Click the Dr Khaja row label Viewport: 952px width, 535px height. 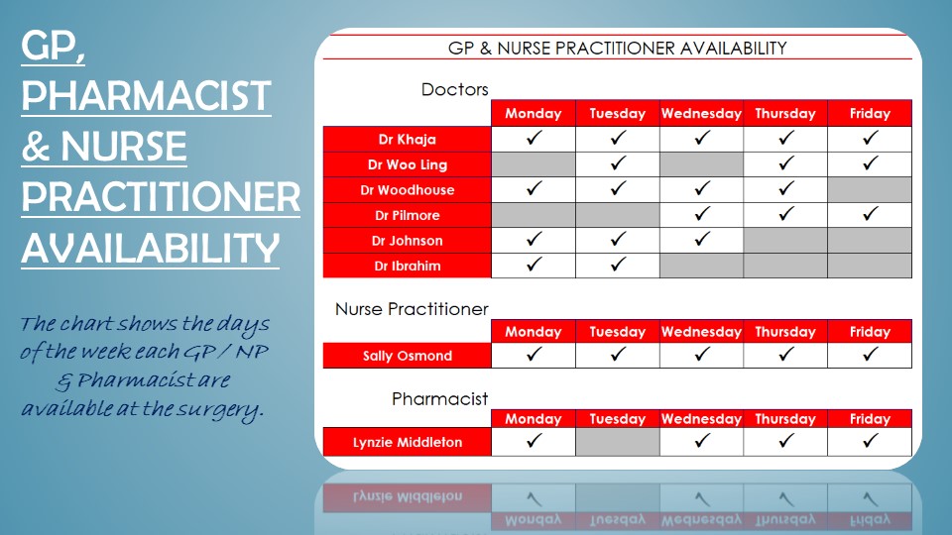pyautogui.click(x=407, y=140)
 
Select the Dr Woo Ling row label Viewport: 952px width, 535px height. pyautogui.click(x=407, y=164)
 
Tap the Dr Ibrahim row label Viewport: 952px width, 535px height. pyautogui.click(x=407, y=266)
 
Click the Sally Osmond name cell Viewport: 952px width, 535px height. pyautogui.click(x=407, y=356)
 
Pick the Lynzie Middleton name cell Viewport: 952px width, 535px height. pyautogui.click(x=407, y=442)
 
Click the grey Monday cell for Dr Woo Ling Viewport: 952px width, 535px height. pyautogui.click(x=534, y=164)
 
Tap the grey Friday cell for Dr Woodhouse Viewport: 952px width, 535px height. pyautogui.click(x=870, y=190)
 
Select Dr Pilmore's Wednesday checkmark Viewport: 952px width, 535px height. pyautogui.click(x=702, y=214)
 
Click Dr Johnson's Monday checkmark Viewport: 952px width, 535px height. pyautogui.click(x=534, y=240)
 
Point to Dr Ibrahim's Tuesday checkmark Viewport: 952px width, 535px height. pyautogui.click(x=618, y=265)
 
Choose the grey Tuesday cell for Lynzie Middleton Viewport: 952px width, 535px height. pyautogui.click(x=618, y=442)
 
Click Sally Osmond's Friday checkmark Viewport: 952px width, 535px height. pyautogui.click(x=870, y=354)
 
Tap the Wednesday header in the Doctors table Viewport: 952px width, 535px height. pyautogui.click(x=701, y=113)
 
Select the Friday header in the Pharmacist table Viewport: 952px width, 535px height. pyautogui.click(x=870, y=419)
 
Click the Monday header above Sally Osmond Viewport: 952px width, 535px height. pyautogui.click(x=534, y=332)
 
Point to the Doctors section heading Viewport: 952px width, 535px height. pyautogui.click(x=455, y=90)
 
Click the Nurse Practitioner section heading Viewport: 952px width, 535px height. pyautogui.click(x=412, y=309)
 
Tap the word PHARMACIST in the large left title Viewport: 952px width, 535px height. pyautogui.click(x=147, y=96)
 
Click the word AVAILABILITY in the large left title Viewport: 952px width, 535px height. pyautogui.click(x=151, y=249)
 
